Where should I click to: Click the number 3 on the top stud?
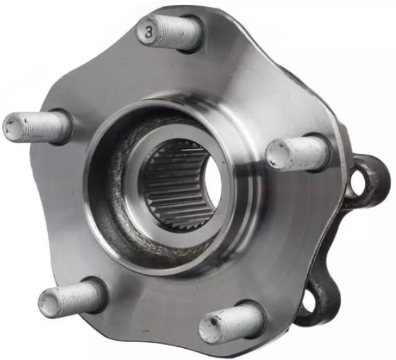click(149, 33)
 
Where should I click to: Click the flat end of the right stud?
click(277, 154)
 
